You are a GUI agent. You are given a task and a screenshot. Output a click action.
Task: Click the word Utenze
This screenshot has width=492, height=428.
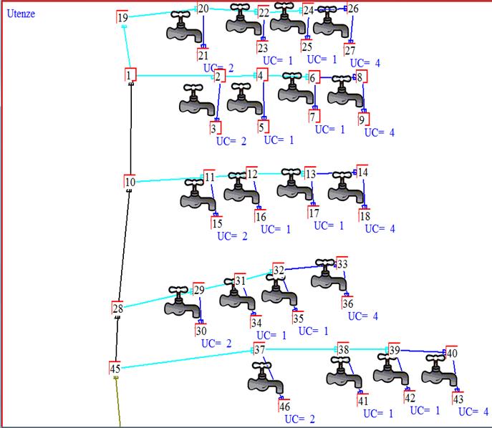[x=21, y=14]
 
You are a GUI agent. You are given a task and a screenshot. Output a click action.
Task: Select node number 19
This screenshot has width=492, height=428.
[x=122, y=17]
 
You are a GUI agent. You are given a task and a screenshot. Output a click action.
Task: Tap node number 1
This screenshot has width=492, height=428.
[x=130, y=74]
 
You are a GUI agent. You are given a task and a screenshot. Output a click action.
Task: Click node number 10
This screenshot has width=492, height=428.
[x=130, y=182]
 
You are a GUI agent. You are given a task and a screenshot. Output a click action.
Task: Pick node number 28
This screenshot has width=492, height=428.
[x=117, y=308]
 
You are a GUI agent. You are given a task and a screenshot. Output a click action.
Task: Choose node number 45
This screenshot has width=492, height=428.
[x=115, y=368]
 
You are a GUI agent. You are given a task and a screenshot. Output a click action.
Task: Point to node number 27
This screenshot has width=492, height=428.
[x=349, y=50]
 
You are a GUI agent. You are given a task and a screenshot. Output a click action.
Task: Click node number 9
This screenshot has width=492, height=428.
[x=363, y=119]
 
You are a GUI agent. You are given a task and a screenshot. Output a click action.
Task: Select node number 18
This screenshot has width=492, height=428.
[x=365, y=215]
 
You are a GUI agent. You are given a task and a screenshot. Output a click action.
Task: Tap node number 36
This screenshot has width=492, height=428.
[x=347, y=303]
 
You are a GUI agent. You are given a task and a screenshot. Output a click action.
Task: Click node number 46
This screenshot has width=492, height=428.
[x=284, y=406]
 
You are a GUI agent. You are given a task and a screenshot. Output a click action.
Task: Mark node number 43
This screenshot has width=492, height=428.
[x=458, y=399]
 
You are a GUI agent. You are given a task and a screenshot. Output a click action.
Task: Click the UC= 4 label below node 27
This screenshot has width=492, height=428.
[x=365, y=63]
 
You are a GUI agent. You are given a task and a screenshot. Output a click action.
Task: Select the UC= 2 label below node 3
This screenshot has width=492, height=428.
[x=231, y=141]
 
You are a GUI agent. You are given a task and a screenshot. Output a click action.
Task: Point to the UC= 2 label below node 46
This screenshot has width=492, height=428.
[x=299, y=419]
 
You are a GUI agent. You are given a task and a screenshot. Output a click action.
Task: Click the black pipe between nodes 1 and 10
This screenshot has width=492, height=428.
[x=130, y=128]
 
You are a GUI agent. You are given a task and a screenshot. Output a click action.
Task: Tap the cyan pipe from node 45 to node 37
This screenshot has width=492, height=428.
[x=188, y=359]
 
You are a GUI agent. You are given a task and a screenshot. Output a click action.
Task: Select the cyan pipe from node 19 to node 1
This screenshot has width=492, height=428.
[x=127, y=47]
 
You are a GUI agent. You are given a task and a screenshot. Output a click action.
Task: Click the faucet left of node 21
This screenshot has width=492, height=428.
[x=185, y=26]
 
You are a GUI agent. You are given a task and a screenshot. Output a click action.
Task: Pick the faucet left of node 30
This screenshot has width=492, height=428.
[x=183, y=301]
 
